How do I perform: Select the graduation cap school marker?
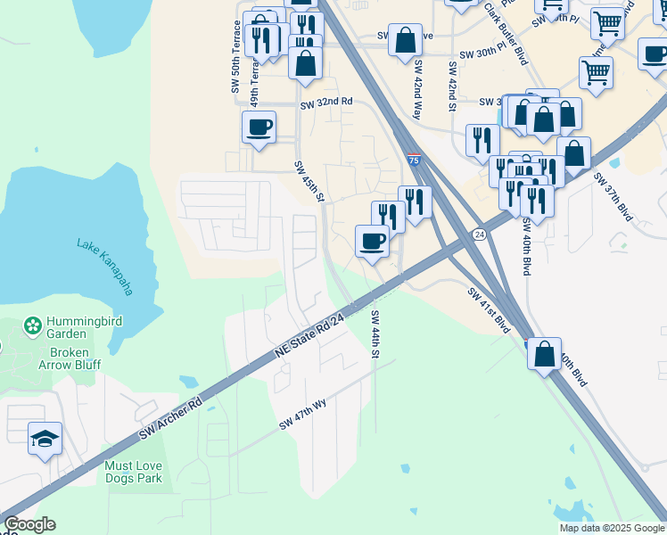[45, 439]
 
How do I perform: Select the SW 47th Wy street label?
[303, 415]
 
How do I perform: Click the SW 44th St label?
[375, 334]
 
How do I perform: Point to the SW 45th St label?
[309, 182]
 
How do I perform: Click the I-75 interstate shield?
[413, 160]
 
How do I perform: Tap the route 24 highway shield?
[479, 234]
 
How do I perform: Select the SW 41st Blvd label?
[488, 309]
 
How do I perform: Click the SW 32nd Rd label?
[326, 103]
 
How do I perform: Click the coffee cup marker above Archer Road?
[372, 240]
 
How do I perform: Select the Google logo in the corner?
[29, 524]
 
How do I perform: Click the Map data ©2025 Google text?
[611, 528]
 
